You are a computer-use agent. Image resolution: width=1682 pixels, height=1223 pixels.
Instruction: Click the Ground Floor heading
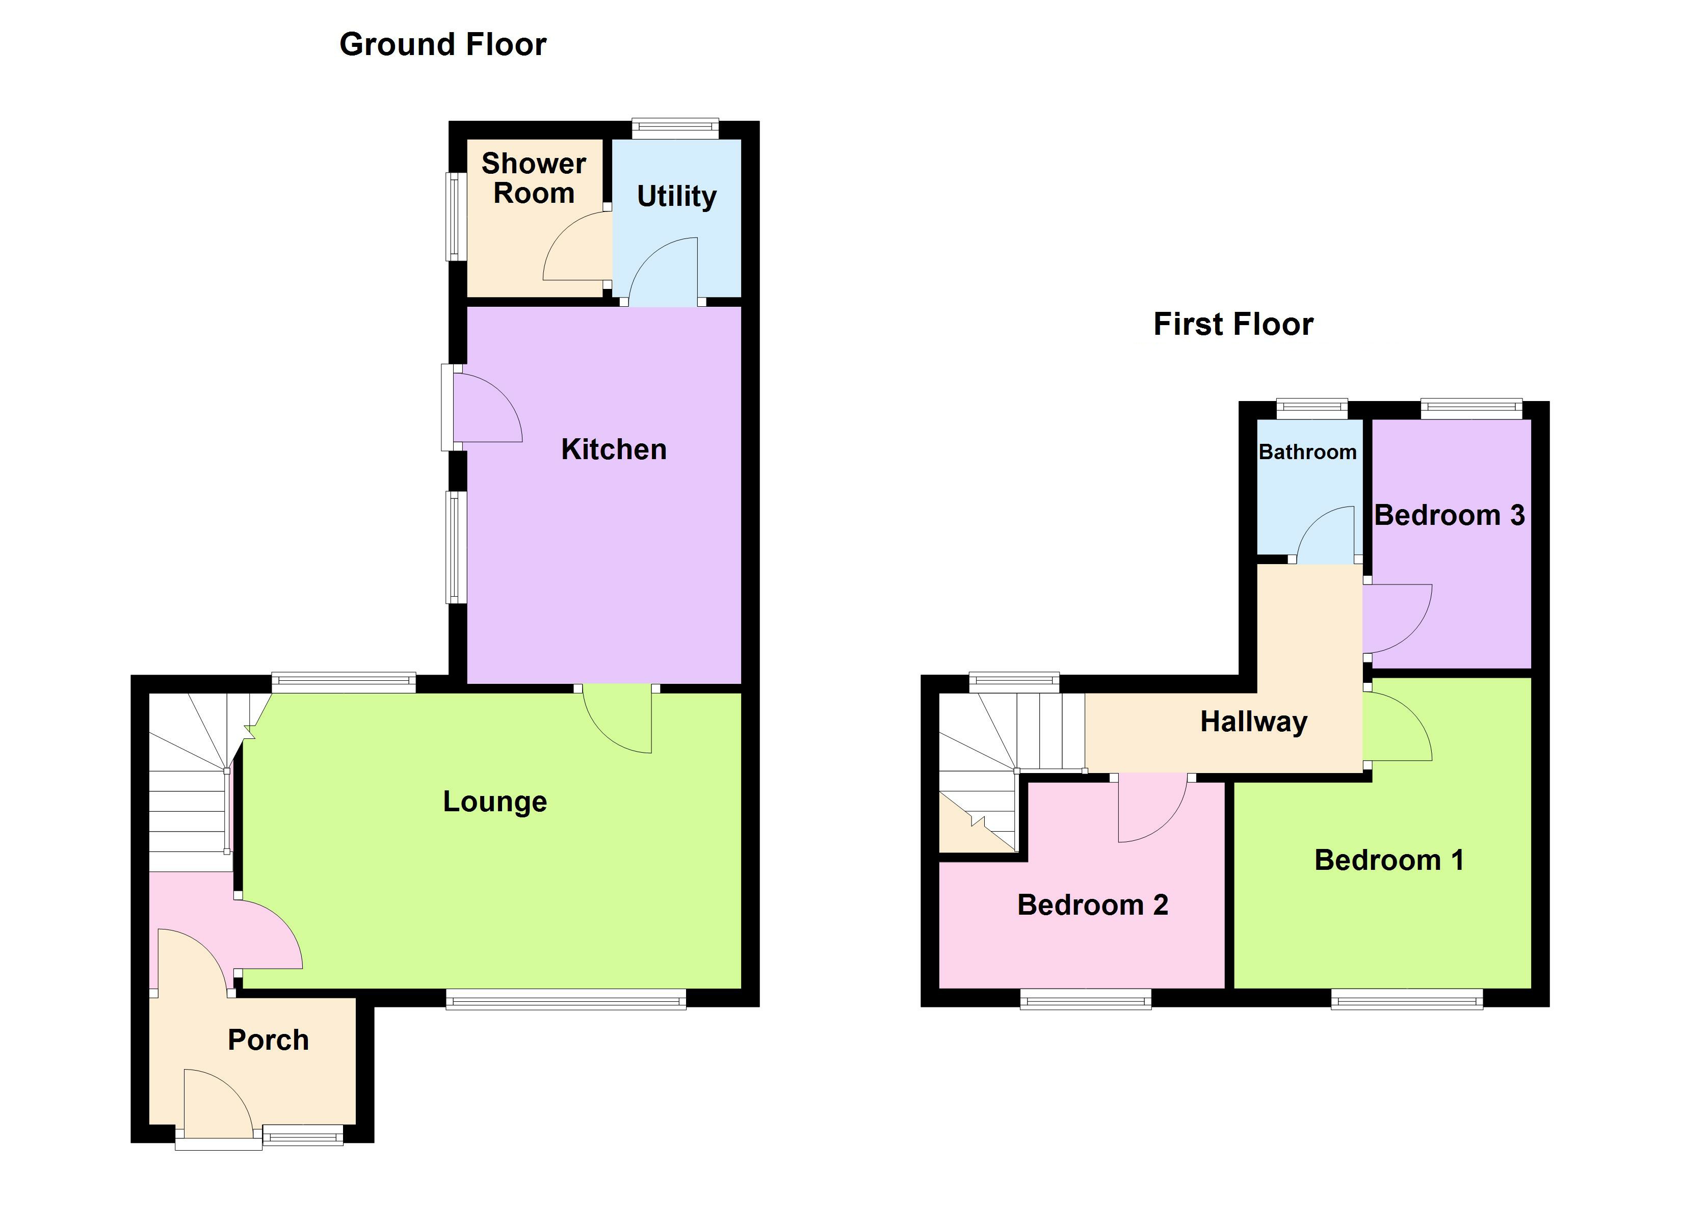(443, 44)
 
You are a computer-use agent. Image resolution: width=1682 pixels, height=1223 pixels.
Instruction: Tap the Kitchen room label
(613, 449)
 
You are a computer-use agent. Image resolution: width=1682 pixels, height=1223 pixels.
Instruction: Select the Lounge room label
(495, 802)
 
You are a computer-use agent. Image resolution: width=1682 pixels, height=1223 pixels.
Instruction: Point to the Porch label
(268, 1040)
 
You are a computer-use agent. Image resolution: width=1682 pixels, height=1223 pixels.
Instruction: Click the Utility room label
(676, 197)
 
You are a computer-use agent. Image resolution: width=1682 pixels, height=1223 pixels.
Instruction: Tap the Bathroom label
(1307, 451)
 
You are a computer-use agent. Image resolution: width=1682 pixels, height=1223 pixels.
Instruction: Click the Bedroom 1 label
(1389, 860)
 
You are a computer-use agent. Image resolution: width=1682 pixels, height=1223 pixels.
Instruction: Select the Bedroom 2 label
(1092, 905)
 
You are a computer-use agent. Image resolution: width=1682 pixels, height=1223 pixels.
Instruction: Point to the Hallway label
(1253, 722)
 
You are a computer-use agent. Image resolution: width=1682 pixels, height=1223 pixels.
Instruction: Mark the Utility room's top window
(675, 129)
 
